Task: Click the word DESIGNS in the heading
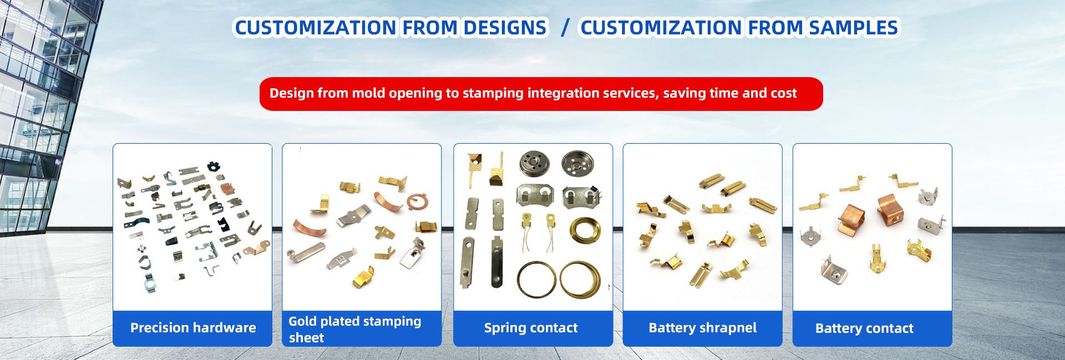[505, 28]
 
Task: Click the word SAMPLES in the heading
[853, 28]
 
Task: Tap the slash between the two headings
[565, 28]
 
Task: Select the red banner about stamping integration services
[541, 94]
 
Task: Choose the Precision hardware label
[192, 328]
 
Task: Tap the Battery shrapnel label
[702, 328]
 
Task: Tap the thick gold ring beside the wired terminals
[585, 230]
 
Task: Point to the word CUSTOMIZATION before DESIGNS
[316, 28]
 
